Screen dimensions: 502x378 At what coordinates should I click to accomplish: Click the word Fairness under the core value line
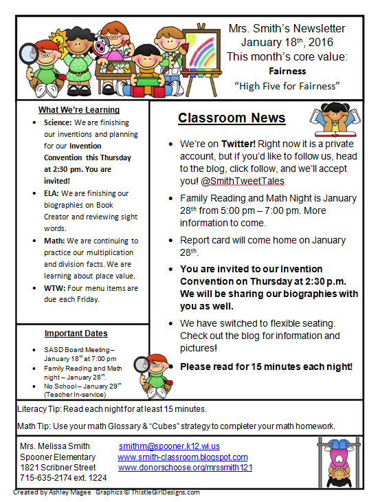click(x=287, y=70)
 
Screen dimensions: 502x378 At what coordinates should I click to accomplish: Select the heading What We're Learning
click(x=79, y=110)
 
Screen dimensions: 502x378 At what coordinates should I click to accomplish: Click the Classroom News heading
click(x=232, y=118)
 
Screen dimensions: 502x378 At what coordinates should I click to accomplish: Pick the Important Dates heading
click(x=76, y=334)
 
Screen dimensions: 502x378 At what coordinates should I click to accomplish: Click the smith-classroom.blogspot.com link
click(x=182, y=457)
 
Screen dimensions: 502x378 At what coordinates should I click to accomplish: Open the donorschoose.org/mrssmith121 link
click(x=186, y=467)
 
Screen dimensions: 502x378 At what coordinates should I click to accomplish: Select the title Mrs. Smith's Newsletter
click(x=287, y=29)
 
